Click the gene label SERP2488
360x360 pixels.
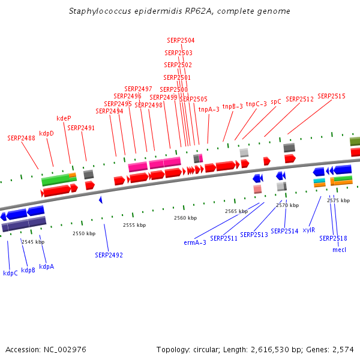[21, 138]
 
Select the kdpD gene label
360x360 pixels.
[47, 133]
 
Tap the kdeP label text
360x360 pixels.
[64, 119]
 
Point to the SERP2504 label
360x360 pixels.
[181, 41]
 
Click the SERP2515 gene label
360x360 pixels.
[331, 96]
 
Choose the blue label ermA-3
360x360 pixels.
[195, 242]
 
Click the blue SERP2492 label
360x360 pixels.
[109, 255]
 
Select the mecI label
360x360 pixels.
[339, 250]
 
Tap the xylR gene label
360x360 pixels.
[309, 230]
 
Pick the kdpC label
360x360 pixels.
[10, 273]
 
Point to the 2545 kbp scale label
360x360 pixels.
[33, 242]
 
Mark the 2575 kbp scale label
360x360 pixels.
[338, 200]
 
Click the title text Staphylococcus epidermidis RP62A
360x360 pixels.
[180, 11]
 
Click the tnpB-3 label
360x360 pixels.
[233, 106]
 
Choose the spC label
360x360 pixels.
[276, 102]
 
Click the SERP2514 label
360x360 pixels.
[284, 231]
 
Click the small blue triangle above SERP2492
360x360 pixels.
[101, 199]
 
